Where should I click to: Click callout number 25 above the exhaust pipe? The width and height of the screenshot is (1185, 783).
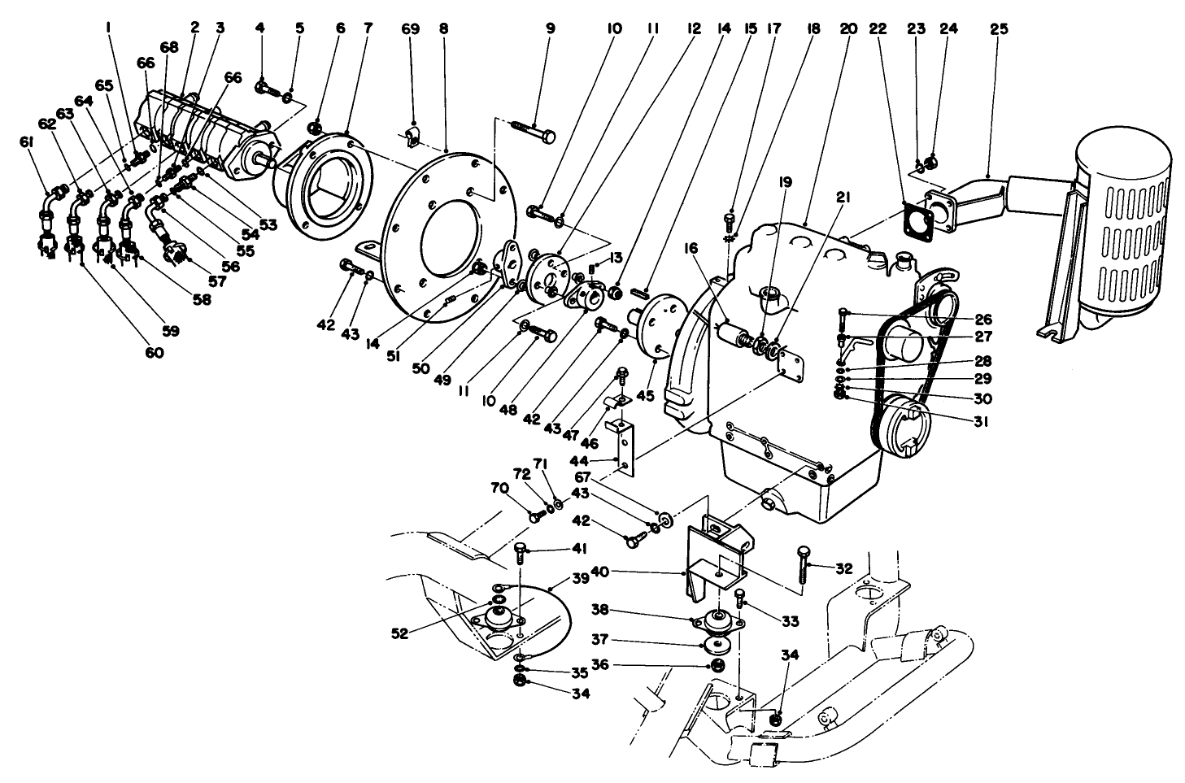point(999,28)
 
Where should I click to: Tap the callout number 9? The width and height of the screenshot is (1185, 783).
point(550,28)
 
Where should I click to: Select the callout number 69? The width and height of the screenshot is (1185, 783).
point(411,28)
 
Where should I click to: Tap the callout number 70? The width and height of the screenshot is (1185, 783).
point(498,489)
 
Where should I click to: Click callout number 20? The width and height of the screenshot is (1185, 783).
point(848,28)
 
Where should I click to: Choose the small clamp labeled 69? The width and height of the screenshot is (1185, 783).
point(414,139)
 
